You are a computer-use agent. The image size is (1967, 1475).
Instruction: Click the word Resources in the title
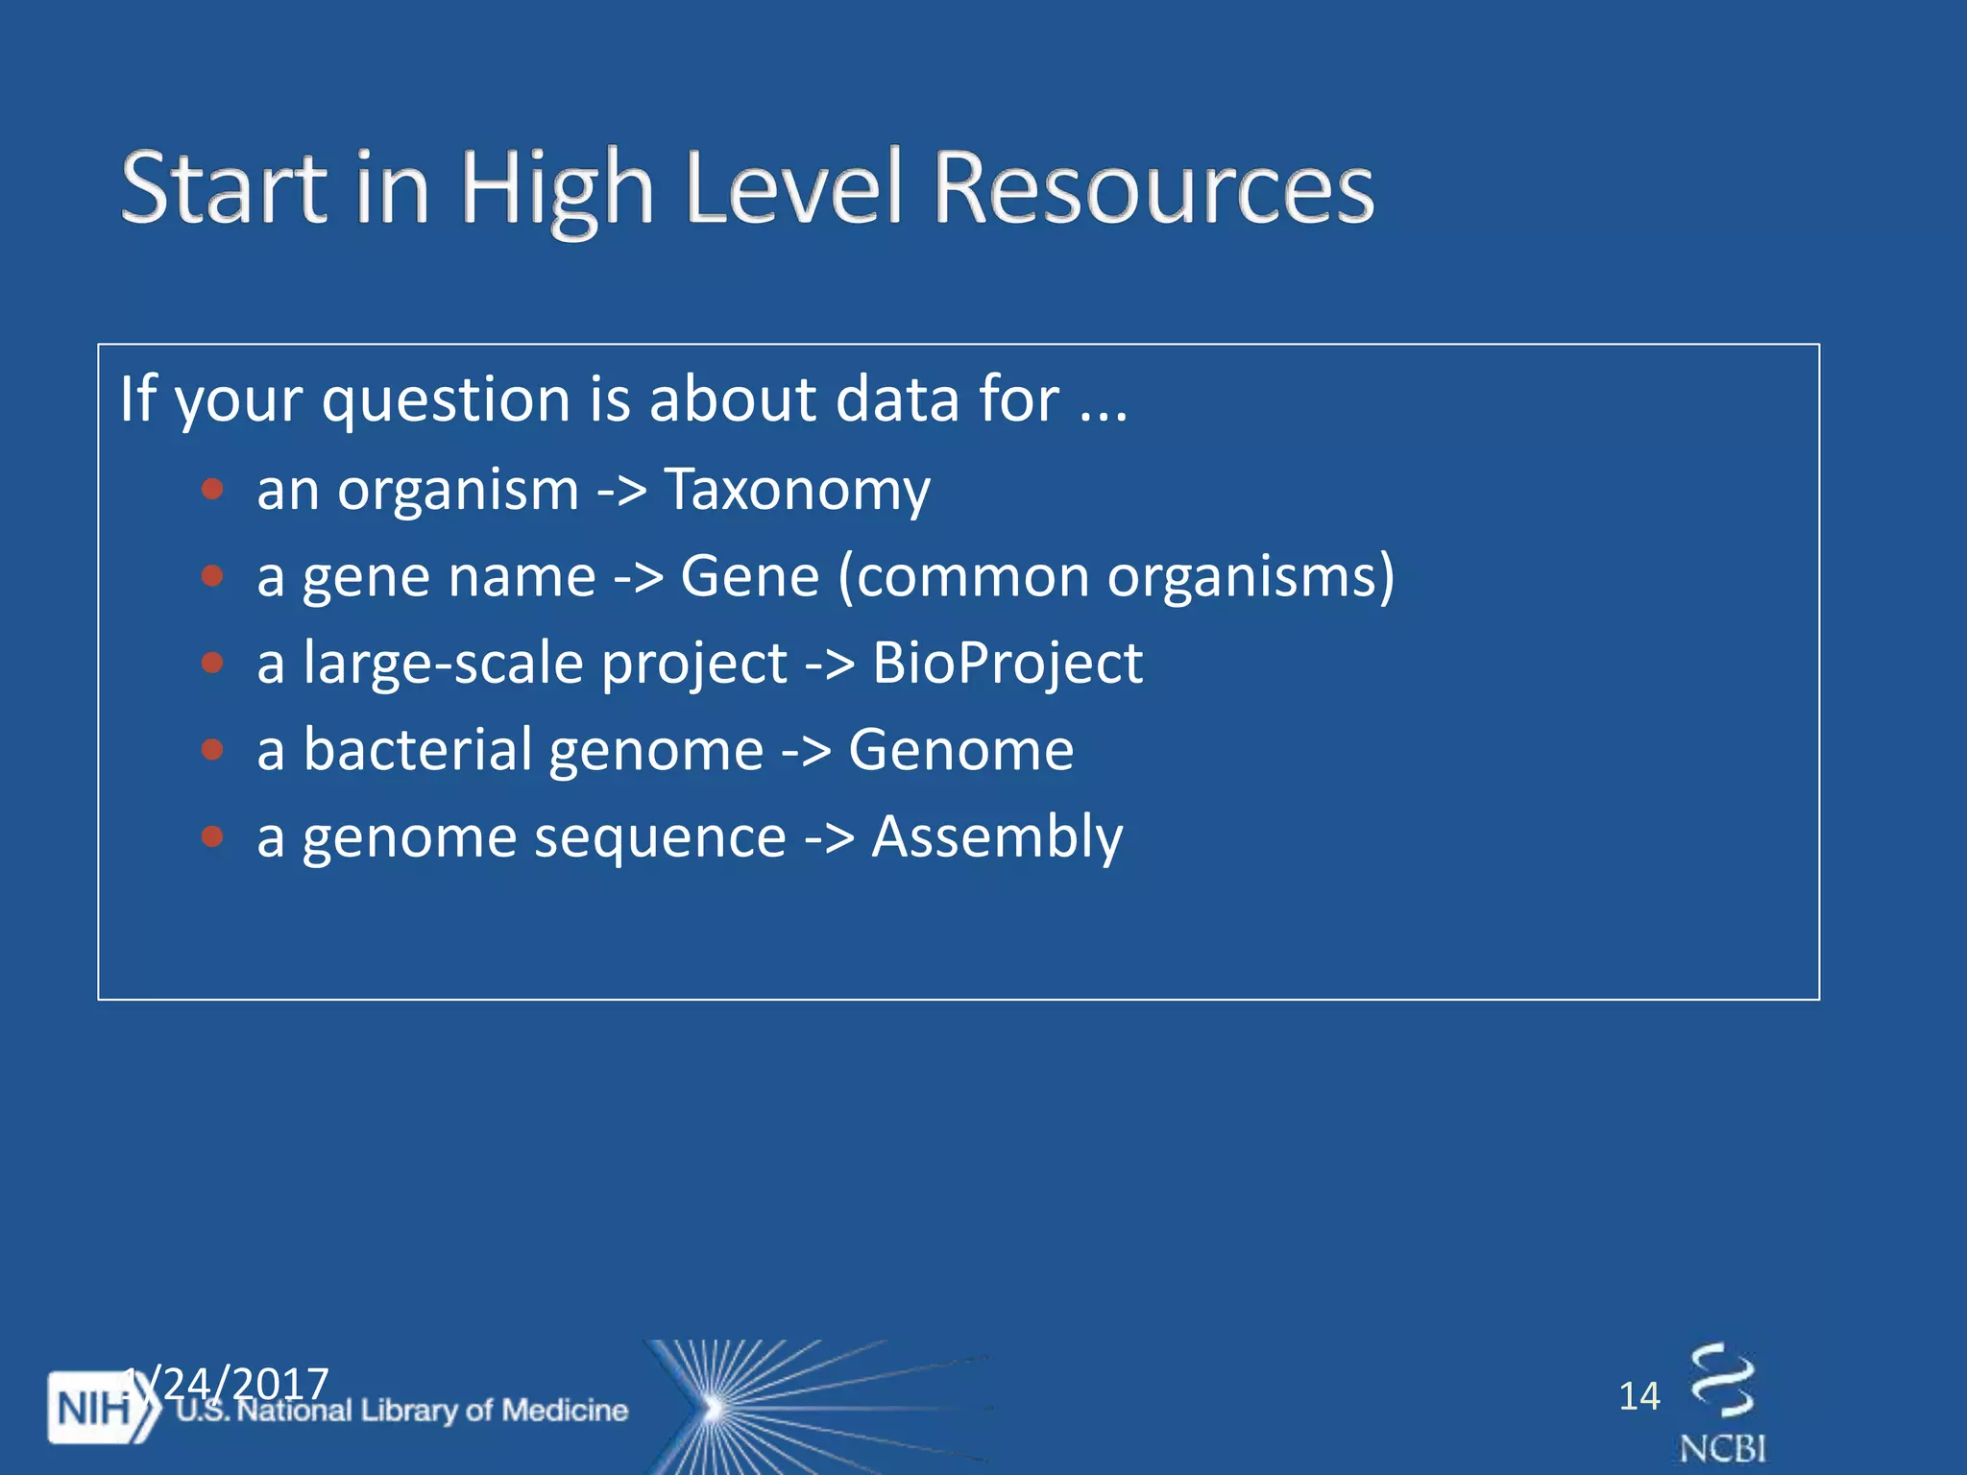pyautogui.click(x=1153, y=188)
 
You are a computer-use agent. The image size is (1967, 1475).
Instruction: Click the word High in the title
pyautogui.click(x=557, y=188)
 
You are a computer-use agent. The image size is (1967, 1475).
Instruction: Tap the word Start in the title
pyautogui.click(x=225, y=188)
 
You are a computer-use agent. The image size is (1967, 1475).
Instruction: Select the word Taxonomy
pyautogui.click(x=797, y=491)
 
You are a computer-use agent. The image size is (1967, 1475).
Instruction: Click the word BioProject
pyautogui.click(x=1007, y=664)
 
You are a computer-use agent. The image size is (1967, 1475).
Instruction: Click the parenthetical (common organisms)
pyautogui.click(x=1116, y=577)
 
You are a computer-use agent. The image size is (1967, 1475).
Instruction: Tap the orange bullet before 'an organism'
pyautogui.click(x=212, y=491)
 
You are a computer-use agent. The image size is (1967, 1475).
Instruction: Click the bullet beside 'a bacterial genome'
pyautogui.click(x=212, y=750)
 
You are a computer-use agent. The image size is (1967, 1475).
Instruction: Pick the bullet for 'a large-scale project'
pyautogui.click(x=212, y=664)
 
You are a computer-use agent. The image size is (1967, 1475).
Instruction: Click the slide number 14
pyautogui.click(x=1639, y=1396)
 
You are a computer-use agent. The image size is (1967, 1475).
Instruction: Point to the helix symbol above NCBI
pyautogui.click(x=1722, y=1381)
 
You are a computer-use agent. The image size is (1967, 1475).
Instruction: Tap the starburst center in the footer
pyautogui.click(x=713, y=1409)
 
